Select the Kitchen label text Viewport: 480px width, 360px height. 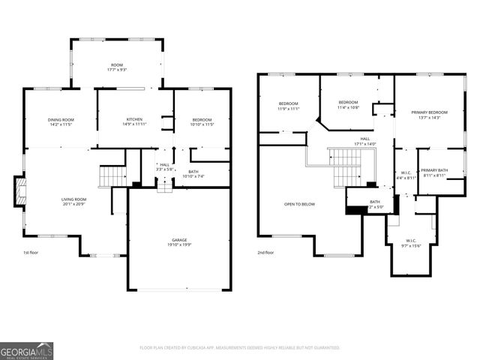tap(135, 119)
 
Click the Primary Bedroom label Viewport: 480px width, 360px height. tap(430, 112)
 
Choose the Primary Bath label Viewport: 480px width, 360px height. tap(433, 171)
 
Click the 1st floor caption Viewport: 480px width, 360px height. tap(31, 253)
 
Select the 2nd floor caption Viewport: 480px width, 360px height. tap(265, 253)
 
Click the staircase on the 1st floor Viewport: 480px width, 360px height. tap(112, 176)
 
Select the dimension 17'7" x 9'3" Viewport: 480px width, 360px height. tap(116, 70)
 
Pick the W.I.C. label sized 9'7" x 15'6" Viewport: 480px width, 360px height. tap(412, 242)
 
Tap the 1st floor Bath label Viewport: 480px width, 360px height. tap(193, 172)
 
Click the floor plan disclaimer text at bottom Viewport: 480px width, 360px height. tap(240, 347)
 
